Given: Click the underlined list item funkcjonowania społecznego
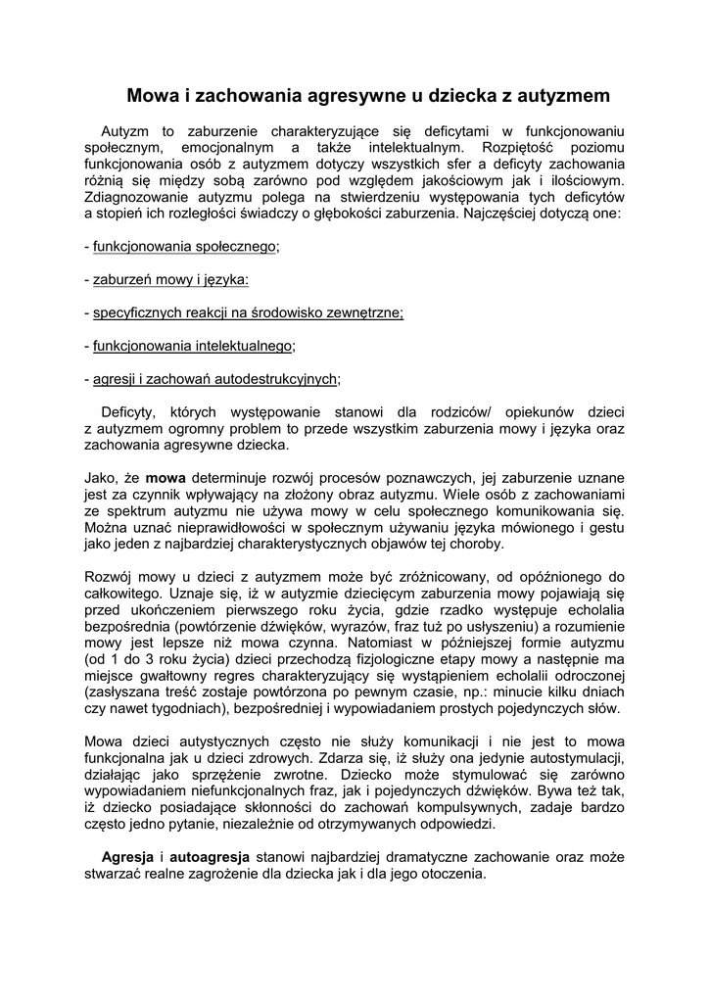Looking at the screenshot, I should point(185,247).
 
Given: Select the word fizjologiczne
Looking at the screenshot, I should point(375,659).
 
